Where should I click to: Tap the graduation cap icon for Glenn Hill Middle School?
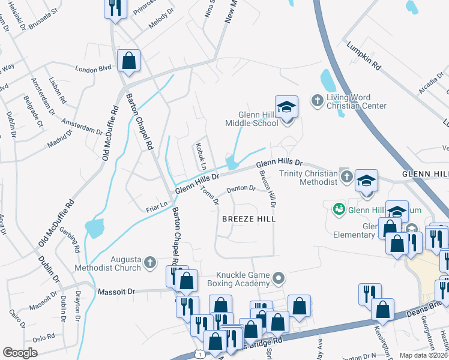pos(286,107)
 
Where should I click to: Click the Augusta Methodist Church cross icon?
pos(149,262)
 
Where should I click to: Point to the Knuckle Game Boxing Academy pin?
pos(278,277)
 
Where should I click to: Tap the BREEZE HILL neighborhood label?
pos(249,219)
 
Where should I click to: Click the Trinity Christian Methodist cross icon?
pos(346,176)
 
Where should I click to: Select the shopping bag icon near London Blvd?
pos(128,60)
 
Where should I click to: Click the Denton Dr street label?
pos(241,190)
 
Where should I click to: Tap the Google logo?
pos(20,352)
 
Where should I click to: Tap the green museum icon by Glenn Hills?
pos(339,208)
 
